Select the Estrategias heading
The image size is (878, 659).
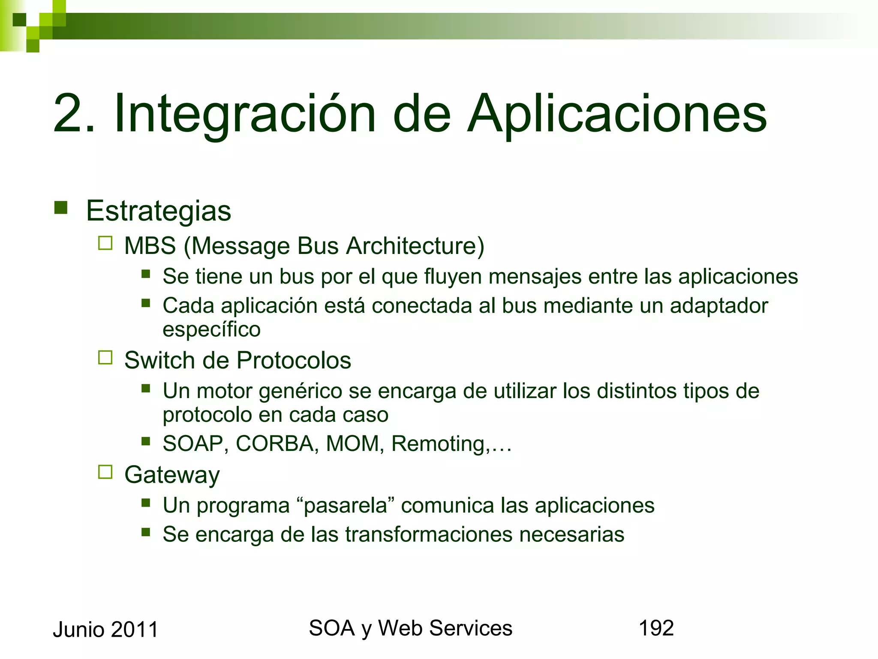tap(158, 211)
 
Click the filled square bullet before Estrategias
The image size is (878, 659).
tap(61, 208)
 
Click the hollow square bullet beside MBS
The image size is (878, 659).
tap(105, 243)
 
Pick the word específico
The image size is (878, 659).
tap(211, 329)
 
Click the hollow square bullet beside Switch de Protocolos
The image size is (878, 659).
tap(105, 357)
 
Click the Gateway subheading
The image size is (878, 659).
tap(172, 475)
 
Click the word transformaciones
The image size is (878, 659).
tap(429, 535)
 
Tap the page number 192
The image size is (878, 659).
tap(656, 628)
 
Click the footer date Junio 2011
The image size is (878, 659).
tap(105, 629)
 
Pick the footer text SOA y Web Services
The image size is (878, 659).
tap(410, 628)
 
